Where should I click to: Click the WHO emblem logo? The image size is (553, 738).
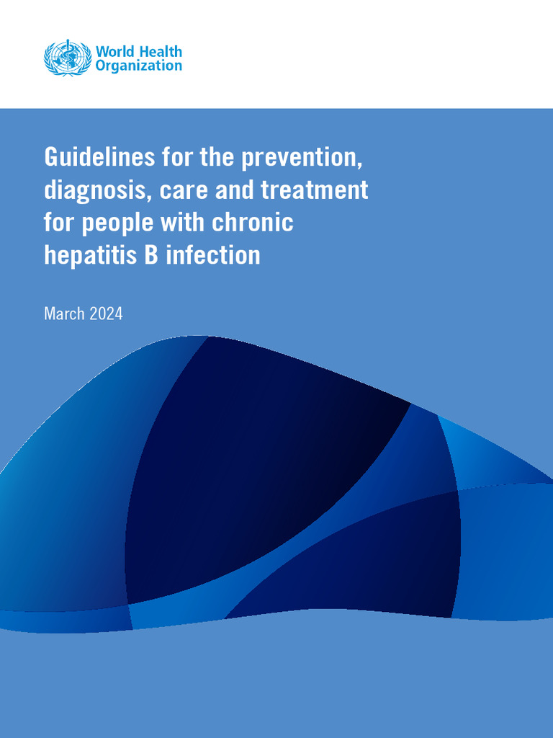(x=67, y=58)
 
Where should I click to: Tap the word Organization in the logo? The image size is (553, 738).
(x=139, y=66)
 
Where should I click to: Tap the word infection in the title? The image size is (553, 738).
(x=213, y=255)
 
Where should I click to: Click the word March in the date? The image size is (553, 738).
(x=63, y=314)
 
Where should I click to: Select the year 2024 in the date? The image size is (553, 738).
(x=106, y=314)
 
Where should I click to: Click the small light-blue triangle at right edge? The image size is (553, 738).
(x=490, y=454)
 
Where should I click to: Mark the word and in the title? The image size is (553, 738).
(x=238, y=190)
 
